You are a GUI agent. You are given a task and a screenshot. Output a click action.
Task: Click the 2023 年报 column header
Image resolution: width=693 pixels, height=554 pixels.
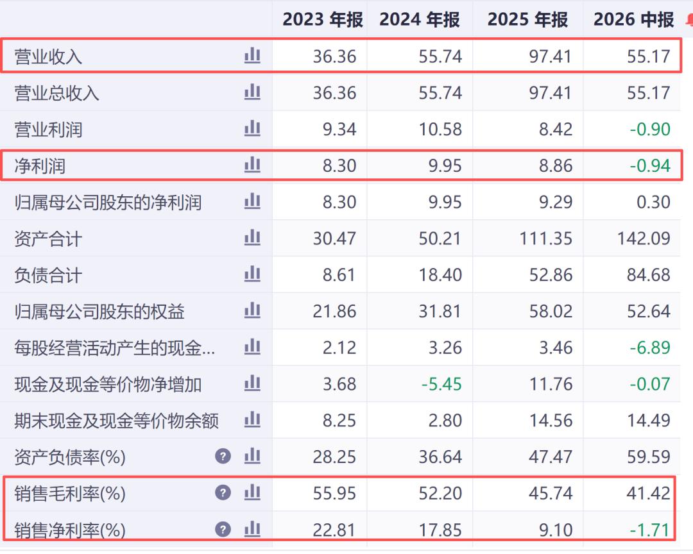(323, 19)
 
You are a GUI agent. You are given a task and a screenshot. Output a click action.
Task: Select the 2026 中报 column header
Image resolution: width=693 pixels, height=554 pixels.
(634, 19)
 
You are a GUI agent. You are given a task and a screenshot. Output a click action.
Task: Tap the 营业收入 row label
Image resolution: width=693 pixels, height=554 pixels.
(48, 56)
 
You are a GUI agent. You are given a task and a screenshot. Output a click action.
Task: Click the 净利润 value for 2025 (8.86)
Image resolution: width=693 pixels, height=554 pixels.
(556, 165)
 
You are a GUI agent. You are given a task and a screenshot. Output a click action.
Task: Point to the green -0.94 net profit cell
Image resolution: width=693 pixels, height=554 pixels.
(650, 165)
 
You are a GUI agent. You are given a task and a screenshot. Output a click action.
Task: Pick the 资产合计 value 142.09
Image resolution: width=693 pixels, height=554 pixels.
(644, 239)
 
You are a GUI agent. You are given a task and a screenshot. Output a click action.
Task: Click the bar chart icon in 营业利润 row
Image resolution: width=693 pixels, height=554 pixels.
(252, 128)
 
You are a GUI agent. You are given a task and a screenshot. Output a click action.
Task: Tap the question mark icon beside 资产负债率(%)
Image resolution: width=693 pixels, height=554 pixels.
(223, 456)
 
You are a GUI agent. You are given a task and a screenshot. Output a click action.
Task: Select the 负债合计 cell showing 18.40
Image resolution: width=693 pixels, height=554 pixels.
(440, 275)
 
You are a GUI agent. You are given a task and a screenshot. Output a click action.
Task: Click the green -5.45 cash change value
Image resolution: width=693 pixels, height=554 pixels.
(441, 384)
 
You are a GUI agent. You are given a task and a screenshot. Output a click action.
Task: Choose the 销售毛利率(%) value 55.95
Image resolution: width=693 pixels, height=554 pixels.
(334, 493)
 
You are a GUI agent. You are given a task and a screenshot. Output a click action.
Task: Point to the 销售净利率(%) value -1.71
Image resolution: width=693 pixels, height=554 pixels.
(650, 530)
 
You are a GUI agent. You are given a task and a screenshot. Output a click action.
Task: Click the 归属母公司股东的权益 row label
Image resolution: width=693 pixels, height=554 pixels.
(99, 312)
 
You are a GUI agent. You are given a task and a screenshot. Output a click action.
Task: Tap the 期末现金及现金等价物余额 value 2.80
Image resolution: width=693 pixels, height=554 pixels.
(445, 421)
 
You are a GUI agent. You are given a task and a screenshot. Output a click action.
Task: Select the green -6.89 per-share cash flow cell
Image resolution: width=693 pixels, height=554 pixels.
(650, 348)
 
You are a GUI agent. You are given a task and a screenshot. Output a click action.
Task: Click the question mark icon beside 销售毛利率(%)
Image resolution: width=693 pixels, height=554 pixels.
(223, 492)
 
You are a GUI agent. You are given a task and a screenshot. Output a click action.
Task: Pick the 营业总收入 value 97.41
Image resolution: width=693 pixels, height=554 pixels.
(551, 93)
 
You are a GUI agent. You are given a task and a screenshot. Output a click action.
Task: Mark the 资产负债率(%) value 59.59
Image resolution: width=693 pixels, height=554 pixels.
(649, 457)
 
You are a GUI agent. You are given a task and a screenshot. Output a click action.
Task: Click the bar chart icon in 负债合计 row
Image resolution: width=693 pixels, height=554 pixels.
(252, 274)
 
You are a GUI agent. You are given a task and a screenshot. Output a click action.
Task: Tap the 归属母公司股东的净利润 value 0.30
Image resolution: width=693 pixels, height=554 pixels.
(654, 203)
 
